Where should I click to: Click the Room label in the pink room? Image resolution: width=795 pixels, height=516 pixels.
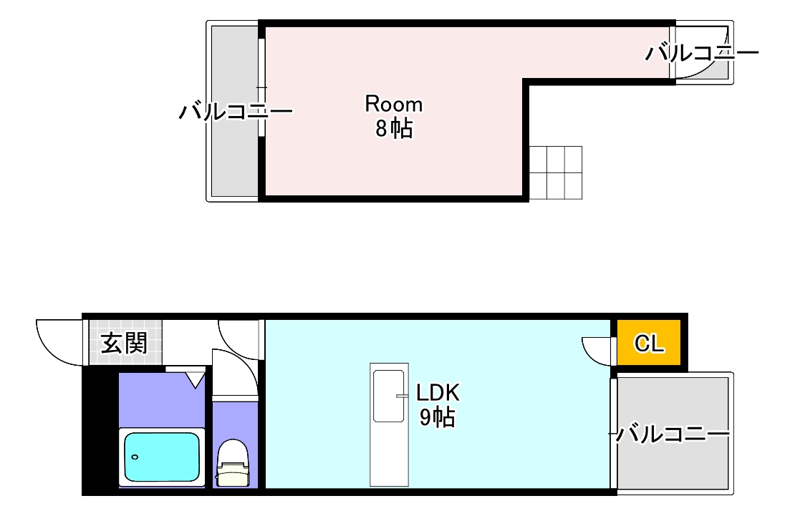(x=394, y=104)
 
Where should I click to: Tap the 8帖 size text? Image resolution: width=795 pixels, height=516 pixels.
(x=394, y=130)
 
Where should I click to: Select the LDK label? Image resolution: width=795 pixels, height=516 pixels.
(x=438, y=392)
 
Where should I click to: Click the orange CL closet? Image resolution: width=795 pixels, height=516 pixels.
(x=650, y=344)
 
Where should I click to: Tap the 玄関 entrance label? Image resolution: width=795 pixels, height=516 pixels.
(x=123, y=344)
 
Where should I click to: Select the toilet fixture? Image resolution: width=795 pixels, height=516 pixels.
(x=232, y=464)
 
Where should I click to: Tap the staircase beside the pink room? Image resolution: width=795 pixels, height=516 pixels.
(x=556, y=172)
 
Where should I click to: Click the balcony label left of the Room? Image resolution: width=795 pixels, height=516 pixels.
(x=236, y=112)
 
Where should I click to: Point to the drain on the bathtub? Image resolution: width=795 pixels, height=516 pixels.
(x=135, y=456)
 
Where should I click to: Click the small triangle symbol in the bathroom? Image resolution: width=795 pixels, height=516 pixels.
(x=194, y=379)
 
